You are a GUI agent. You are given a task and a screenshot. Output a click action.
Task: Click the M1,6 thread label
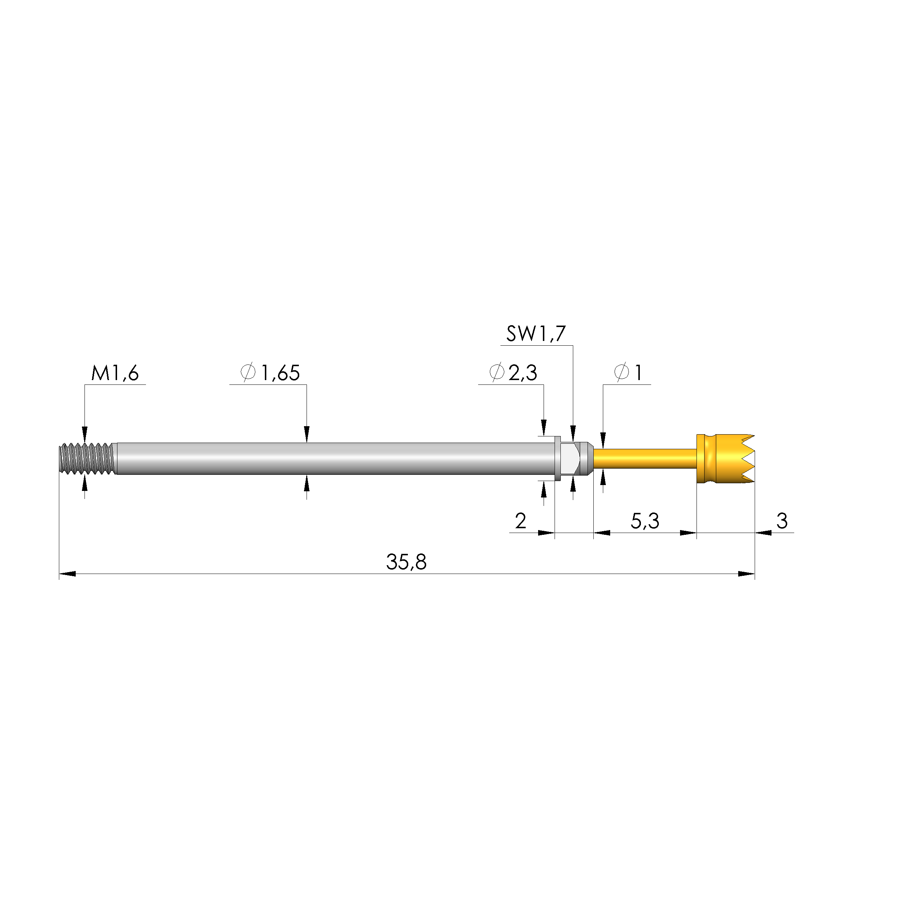pyautogui.click(x=115, y=373)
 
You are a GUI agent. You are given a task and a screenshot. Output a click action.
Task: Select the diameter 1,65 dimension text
pyautogui.click(x=280, y=373)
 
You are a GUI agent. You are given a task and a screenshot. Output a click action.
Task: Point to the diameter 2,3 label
pyautogui.click(x=522, y=373)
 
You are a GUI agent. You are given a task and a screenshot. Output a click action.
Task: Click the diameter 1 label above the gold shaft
pyautogui.click(x=638, y=373)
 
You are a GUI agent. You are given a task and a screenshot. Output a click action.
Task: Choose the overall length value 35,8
pyautogui.click(x=406, y=562)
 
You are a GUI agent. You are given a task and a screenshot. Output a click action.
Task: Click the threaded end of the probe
pyautogui.click(x=87, y=458)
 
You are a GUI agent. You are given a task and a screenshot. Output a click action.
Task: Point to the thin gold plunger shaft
pyautogui.click(x=645, y=458)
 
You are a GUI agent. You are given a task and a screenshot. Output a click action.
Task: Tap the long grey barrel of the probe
pyautogui.click(x=332, y=458)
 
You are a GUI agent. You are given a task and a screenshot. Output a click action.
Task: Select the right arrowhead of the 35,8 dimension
pyautogui.click(x=747, y=574)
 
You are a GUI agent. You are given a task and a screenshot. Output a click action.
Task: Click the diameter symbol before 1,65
pyautogui.click(x=248, y=373)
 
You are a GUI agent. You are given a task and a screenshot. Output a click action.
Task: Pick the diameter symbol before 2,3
pyautogui.click(x=496, y=373)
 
